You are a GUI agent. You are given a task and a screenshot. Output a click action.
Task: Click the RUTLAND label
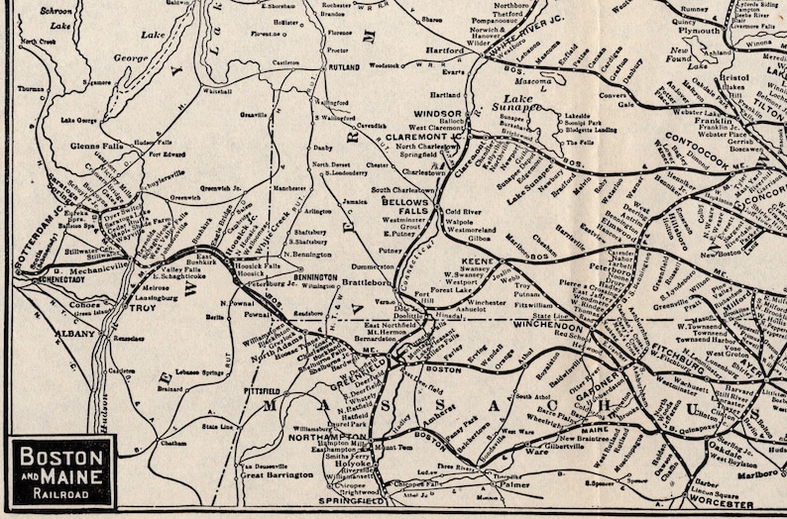(x=344, y=67)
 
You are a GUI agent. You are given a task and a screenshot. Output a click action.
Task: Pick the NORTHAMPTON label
(x=316, y=435)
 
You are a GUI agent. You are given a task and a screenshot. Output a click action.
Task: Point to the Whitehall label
(x=218, y=90)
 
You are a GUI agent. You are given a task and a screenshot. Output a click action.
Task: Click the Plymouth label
(x=707, y=31)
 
